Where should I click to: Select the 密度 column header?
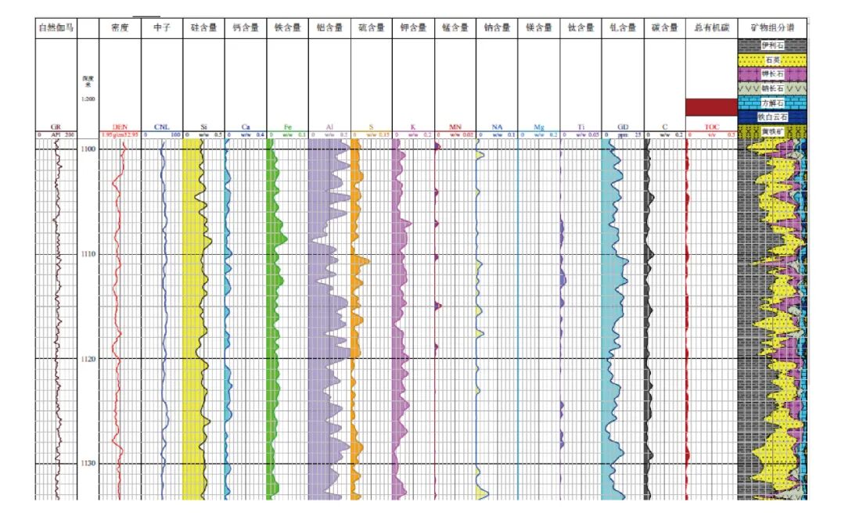(x=120, y=28)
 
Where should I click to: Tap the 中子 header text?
(x=161, y=28)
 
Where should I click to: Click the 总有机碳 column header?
(x=711, y=28)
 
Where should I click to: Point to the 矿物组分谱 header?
(x=771, y=28)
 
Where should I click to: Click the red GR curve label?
(x=56, y=127)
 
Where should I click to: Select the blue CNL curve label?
(x=161, y=127)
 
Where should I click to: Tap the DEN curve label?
(x=120, y=127)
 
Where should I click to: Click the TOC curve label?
(x=711, y=127)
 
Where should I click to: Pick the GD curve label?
(x=622, y=127)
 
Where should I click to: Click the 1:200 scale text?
(x=88, y=99)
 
